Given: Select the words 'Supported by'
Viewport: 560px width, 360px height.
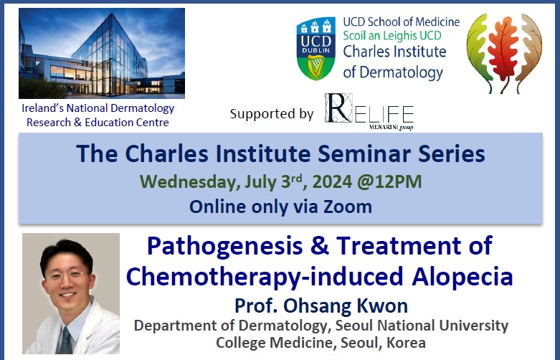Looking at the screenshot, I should pos(272,114).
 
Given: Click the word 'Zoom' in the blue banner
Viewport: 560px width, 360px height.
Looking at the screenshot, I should pos(347,207).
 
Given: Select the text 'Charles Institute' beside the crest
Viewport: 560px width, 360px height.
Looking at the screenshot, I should pos(394,52).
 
